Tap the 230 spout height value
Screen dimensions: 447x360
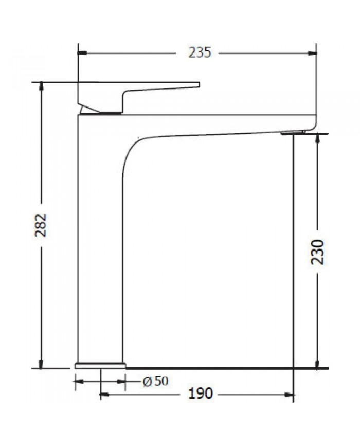pos(318,252)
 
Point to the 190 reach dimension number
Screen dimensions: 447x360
pos(200,394)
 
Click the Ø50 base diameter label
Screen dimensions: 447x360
pos(155,381)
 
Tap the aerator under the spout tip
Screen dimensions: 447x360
pos(293,133)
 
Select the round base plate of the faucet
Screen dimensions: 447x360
pos(100,365)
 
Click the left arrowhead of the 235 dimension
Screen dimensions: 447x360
pos(82,52)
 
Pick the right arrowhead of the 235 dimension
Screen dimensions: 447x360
pos(312,52)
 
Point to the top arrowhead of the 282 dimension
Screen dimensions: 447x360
pos(41,86)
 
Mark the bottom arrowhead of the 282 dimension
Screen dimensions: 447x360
pos(41,365)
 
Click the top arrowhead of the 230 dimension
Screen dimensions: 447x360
pos(318,138)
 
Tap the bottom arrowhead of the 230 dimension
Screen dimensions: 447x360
pos(318,365)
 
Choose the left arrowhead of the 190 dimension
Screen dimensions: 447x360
pos(103,395)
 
